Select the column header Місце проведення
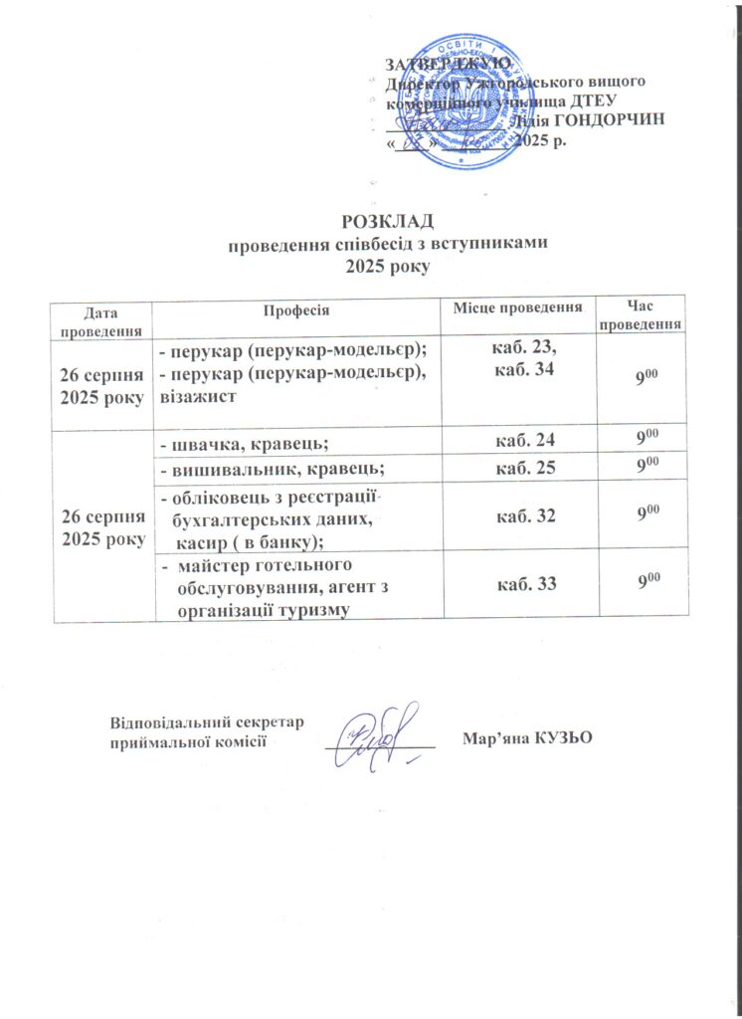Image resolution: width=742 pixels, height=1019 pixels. click(518, 309)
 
